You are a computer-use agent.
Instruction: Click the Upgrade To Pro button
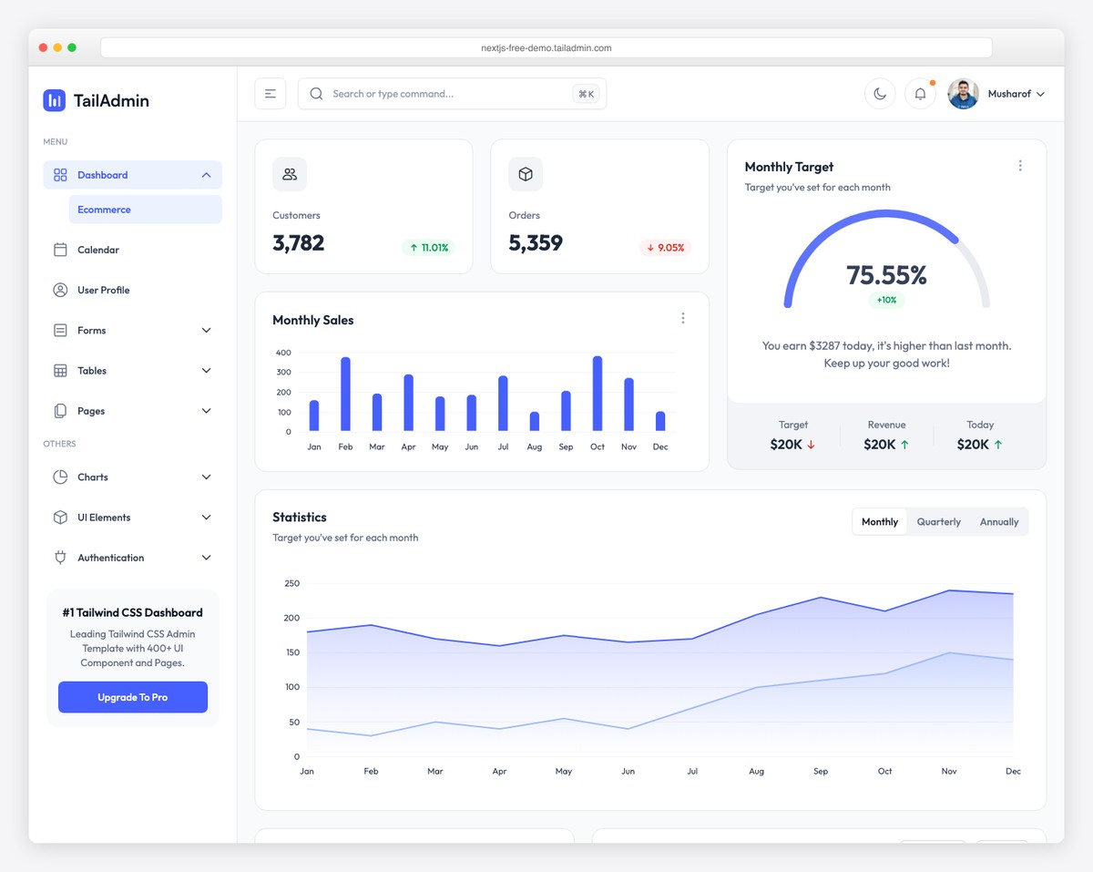tap(133, 697)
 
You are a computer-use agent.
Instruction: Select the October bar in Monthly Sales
tap(598, 394)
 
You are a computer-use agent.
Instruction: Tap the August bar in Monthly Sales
tap(535, 421)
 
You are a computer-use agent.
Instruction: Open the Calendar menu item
tap(98, 250)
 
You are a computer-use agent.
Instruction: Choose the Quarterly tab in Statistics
tap(938, 522)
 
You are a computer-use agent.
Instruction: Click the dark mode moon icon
tap(880, 94)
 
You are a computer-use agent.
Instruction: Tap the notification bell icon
tap(920, 94)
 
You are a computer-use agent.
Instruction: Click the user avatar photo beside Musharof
tap(963, 94)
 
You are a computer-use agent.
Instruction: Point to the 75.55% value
tap(886, 274)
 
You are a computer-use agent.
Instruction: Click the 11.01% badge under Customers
tap(428, 247)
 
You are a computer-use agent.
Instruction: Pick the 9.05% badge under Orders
tap(665, 247)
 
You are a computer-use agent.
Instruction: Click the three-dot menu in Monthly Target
tap(1020, 166)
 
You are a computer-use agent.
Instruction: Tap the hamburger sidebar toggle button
tap(271, 94)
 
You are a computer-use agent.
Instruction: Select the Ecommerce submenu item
tap(105, 210)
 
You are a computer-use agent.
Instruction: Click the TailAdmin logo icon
tap(55, 100)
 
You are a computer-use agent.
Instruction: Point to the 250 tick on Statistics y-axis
tap(291, 583)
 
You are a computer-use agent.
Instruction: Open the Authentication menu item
tap(111, 558)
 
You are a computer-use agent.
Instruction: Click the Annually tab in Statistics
tap(999, 522)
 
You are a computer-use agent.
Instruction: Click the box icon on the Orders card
tap(526, 174)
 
